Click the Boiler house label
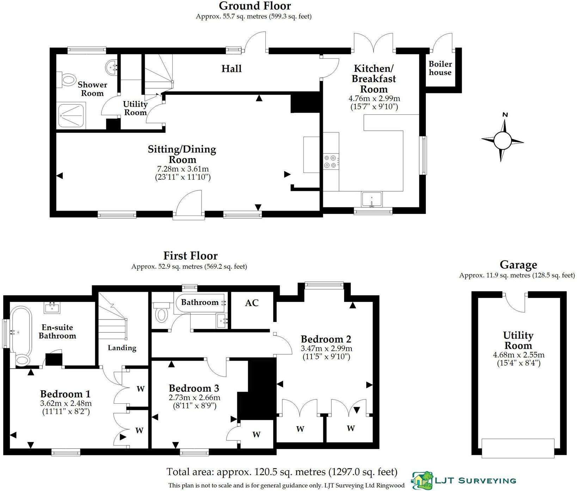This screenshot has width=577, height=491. pos(440,68)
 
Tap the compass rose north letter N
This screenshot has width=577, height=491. pos(505,115)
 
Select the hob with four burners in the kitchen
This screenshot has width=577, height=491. pos(331,162)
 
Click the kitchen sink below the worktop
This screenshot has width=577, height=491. pos(372,199)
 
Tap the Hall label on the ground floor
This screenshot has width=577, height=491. pos(231,69)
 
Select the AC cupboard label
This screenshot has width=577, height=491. pos(252,303)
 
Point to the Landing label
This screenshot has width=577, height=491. pos(122,348)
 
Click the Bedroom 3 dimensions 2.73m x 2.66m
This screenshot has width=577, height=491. pos(194,398)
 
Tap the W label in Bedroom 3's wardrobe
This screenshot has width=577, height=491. pos(256,435)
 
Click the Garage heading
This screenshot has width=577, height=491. pos(518,265)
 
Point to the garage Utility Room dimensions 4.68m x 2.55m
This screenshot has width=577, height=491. pos(518,355)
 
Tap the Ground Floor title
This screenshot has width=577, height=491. pos(254,6)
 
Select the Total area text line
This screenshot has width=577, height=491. pos(282,472)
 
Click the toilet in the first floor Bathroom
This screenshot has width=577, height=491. pos(161,313)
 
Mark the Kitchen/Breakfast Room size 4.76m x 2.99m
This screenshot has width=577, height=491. pos(374,99)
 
